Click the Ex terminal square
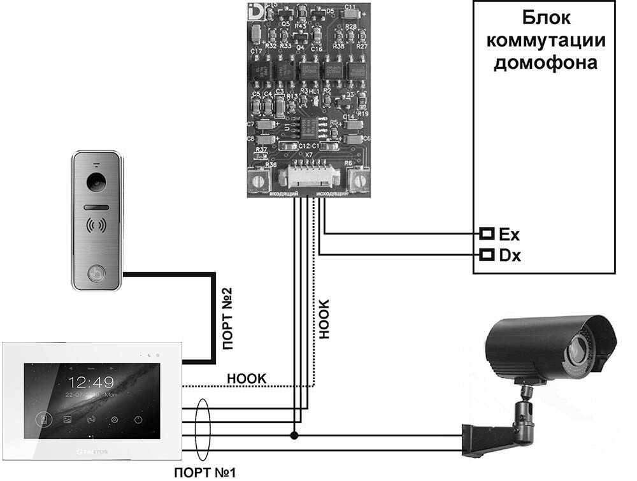click(487, 233)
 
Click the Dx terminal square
click(487, 255)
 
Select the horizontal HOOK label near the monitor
click(247, 378)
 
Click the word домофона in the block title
click(545, 63)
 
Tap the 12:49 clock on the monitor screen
click(91, 382)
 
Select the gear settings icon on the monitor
click(115, 419)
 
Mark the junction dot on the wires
click(294, 436)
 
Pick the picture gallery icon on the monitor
click(67, 419)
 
